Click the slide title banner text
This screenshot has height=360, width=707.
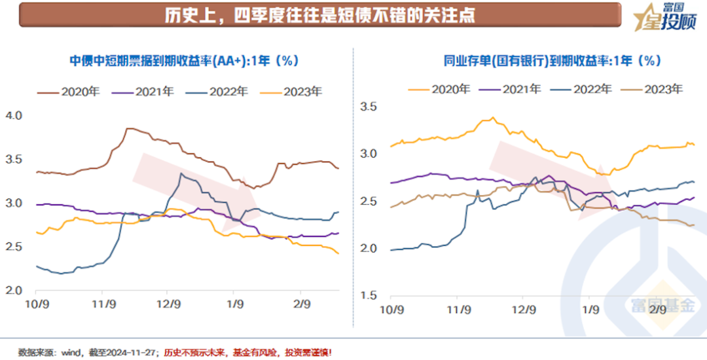coord(320,15)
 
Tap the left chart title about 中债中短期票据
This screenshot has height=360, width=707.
coord(184,61)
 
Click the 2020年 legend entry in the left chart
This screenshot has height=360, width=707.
coord(71,92)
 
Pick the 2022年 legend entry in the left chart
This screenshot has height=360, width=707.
coord(219,92)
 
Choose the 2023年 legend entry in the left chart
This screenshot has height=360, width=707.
coord(293,92)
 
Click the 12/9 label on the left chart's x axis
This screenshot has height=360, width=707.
coord(168,304)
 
